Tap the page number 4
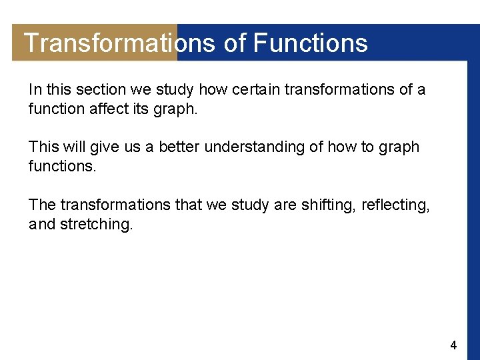(453, 345)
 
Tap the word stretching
(96, 225)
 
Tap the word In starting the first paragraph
(34, 89)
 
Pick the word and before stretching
(42, 225)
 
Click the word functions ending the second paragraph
(62, 166)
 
